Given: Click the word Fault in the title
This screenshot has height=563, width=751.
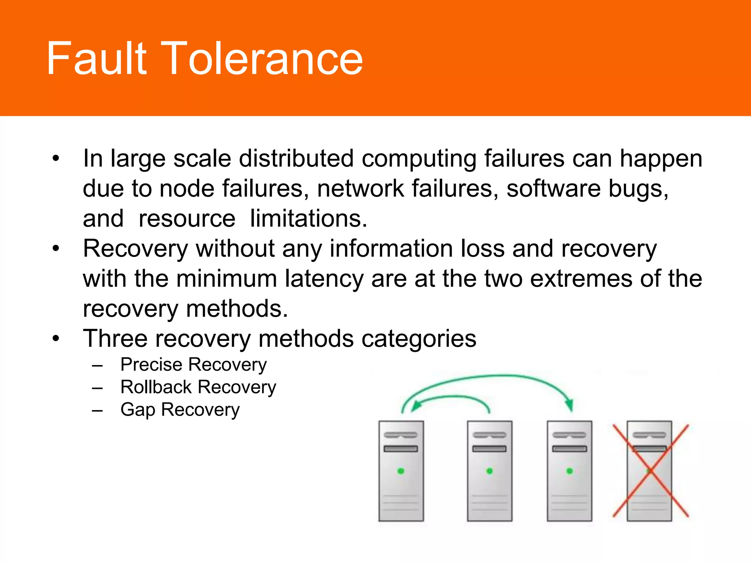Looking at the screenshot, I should pos(96,59).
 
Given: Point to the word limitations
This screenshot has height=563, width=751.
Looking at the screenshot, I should pos(308,218).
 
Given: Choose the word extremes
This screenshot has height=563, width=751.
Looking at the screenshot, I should pos(581,279).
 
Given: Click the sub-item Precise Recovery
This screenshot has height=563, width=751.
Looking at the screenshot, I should pos(193,365).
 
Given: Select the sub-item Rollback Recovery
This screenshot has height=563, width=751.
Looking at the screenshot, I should pos(198,387).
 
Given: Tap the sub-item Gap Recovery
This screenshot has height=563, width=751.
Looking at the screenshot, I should pos(180,410).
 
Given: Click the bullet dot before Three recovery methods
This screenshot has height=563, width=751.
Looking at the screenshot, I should pos(55,338).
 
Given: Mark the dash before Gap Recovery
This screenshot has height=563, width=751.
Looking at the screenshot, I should pos(97,411).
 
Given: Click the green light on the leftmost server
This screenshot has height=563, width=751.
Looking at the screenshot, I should pos(401,471).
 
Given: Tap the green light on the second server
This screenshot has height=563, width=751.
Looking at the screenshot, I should pos(490,471).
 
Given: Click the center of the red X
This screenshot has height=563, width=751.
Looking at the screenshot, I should pos(650,471).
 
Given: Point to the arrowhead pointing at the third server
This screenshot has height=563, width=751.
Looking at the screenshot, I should pos(569,405).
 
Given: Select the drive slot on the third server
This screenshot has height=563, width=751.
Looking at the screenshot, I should pos(569,449).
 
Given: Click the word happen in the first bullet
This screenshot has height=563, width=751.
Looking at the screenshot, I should pos(661,159).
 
